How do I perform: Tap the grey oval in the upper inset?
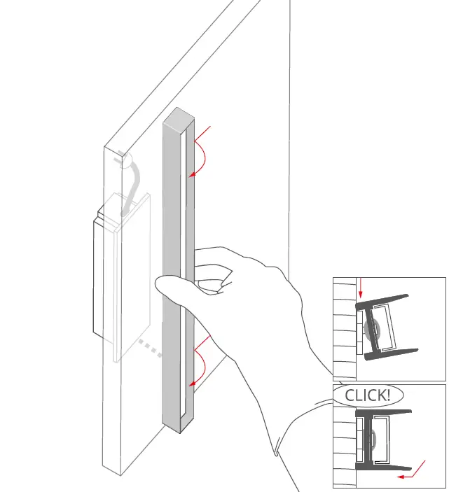372,330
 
